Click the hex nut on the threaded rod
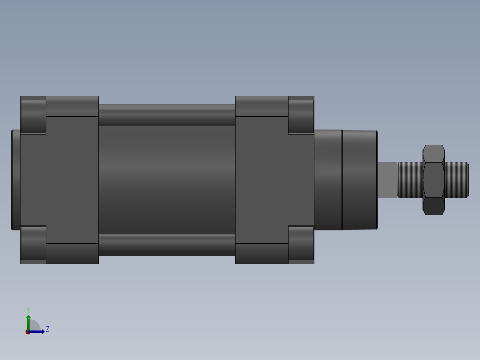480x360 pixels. [x=433, y=180]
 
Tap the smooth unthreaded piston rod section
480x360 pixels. [x=387, y=180]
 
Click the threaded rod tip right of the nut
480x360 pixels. [x=456, y=180]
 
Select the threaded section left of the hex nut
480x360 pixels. [x=410, y=180]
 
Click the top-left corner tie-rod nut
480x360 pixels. [x=33, y=115]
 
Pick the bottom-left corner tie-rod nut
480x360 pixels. [x=33, y=245]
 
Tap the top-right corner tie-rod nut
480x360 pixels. [x=301, y=115]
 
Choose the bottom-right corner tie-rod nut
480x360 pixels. [x=301, y=245]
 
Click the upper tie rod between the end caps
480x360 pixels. [x=167, y=115]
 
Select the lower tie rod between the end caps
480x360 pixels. [x=167, y=245]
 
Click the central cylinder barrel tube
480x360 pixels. [x=167, y=180]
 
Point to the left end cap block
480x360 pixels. [x=59, y=180]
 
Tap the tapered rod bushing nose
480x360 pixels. [x=360, y=180]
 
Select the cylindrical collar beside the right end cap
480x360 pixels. [x=328, y=180]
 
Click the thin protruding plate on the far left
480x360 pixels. [x=16, y=180]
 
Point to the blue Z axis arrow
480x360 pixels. [x=38, y=331]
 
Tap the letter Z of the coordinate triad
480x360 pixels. [x=48, y=329]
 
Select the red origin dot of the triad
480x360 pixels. [x=28, y=332]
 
